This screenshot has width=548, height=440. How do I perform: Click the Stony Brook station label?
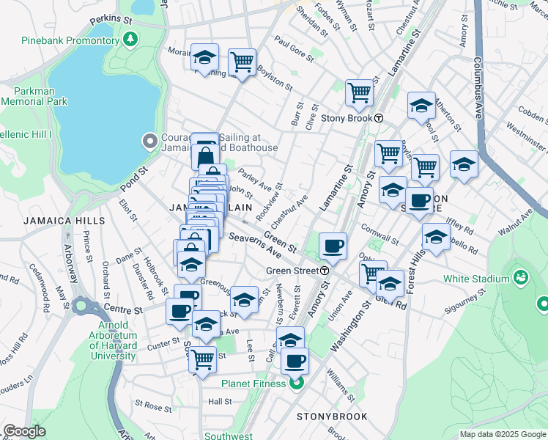click(347, 118)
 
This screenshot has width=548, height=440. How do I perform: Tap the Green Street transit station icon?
click(324, 271)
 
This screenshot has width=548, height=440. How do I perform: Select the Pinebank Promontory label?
click(70, 40)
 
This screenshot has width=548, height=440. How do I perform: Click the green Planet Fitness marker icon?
click(296, 383)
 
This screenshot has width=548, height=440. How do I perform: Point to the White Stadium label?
click(475, 279)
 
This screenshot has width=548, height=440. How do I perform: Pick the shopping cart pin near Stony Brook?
click(359, 93)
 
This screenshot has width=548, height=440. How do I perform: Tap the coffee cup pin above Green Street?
click(333, 246)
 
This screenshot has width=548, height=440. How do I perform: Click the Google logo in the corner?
click(25, 431)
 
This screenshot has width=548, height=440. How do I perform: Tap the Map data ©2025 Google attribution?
click(502, 434)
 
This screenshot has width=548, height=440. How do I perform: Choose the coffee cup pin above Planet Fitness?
click(295, 361)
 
